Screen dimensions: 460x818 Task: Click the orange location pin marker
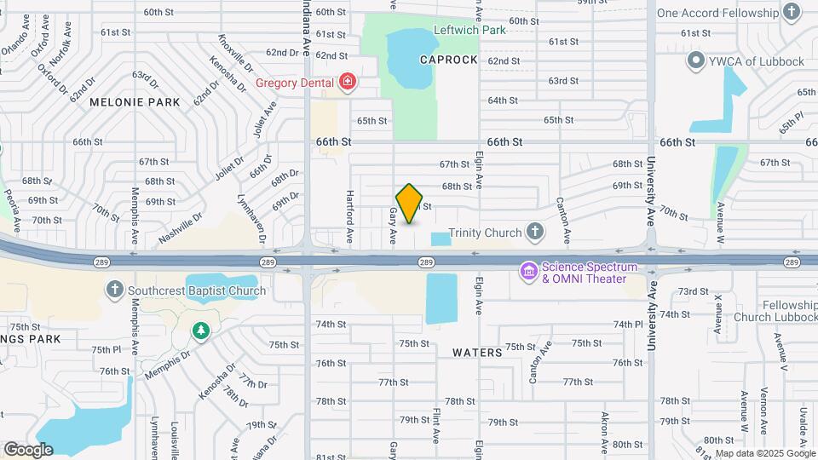[x=409, y=203]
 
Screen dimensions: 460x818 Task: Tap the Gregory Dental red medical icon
[x=348, y=83]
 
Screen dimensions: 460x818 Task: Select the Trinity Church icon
[x=535, y=231]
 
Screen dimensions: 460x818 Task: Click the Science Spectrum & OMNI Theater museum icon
[x=529, y=272]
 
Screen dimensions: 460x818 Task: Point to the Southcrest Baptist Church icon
[x=115, y=290]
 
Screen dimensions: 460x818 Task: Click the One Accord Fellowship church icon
[x=792, y=12]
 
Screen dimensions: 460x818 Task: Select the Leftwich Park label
[x=469, y=30]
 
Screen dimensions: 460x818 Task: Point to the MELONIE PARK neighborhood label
[x=135, y=102]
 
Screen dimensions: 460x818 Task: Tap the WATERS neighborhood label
[x=473, y=352]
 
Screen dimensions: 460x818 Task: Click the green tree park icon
[x=200, y=330]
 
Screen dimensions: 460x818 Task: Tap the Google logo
[x=28, y=449]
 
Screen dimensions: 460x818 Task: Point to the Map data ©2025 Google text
[x=763, y=453]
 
